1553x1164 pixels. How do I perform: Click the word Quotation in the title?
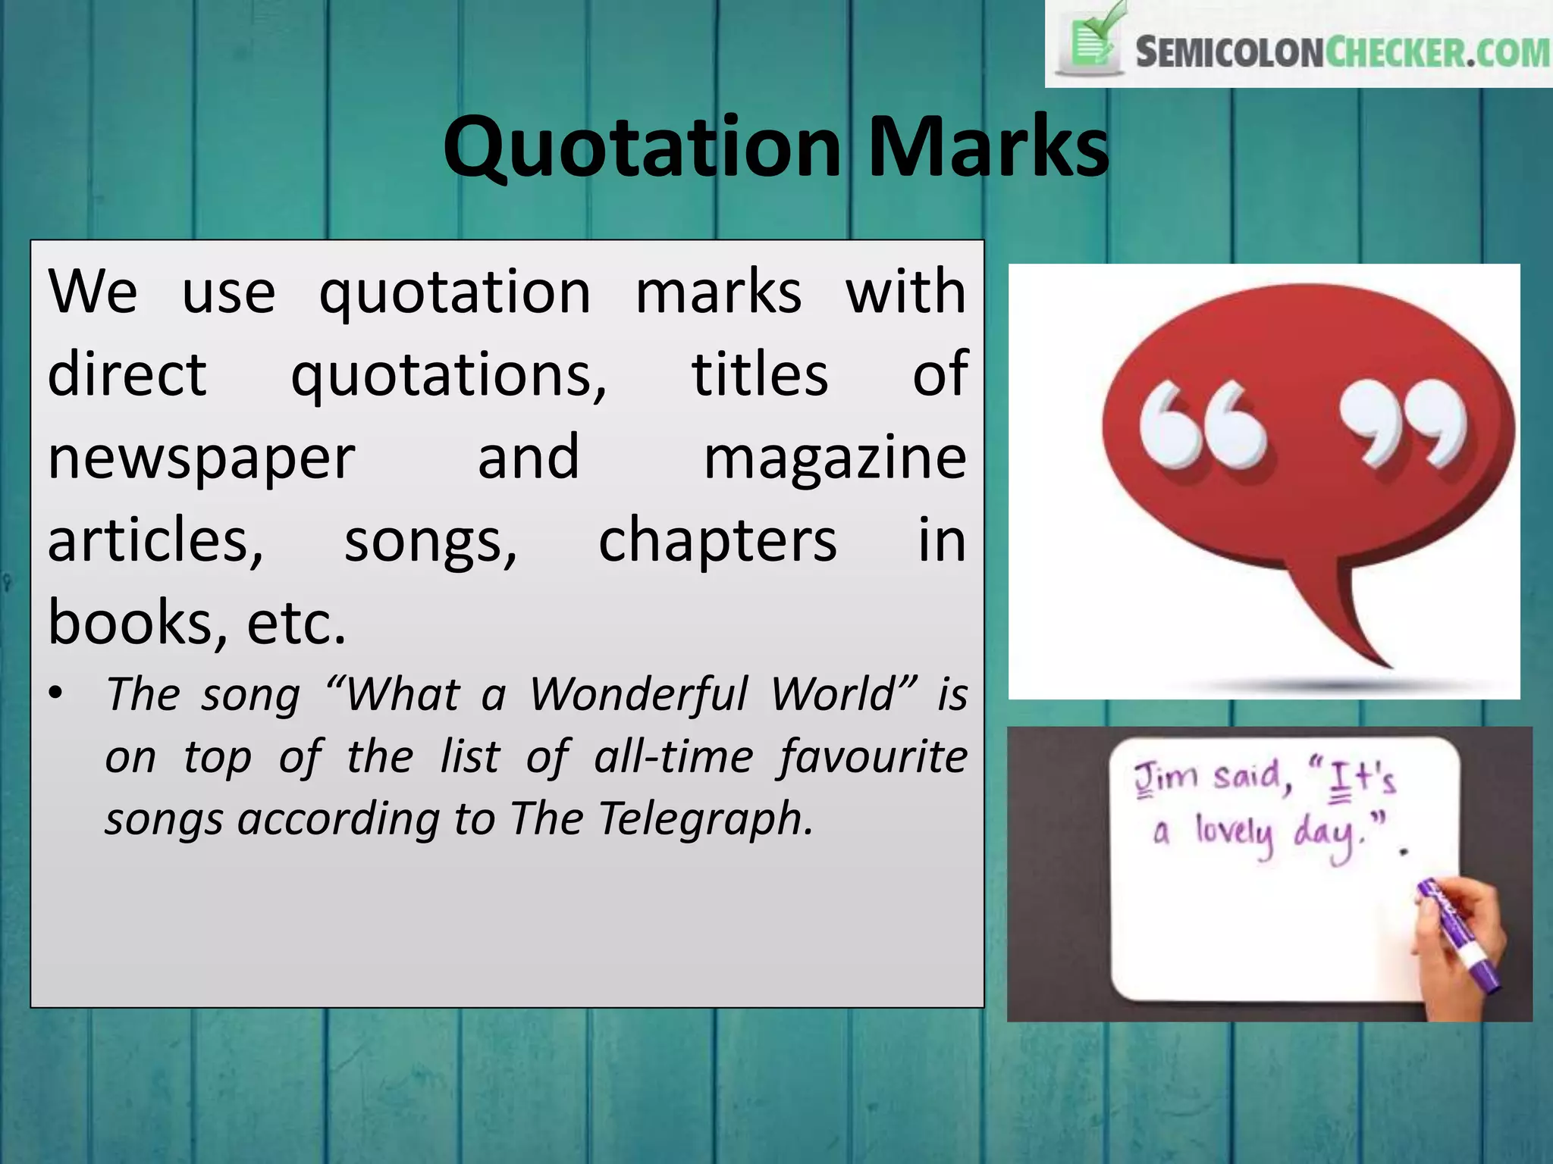(642, 147)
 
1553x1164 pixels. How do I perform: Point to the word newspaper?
(201, 459)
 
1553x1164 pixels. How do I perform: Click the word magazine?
(835, 458)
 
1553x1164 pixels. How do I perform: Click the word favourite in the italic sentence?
(873, 757)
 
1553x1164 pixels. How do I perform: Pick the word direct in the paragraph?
(127, 375)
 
